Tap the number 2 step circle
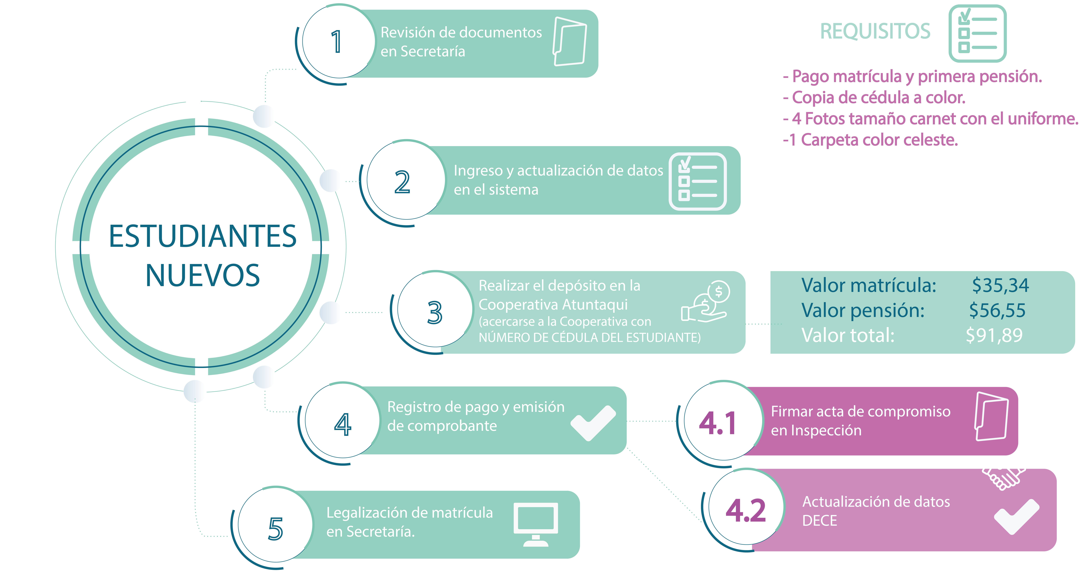pyautogui.click(x=403, y=182)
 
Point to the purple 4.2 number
pyautogui.click(x=746, y=511)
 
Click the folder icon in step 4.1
pyautogui.click(x=991, y=417)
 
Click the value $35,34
pyautogui.click(x=1000, y=286)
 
